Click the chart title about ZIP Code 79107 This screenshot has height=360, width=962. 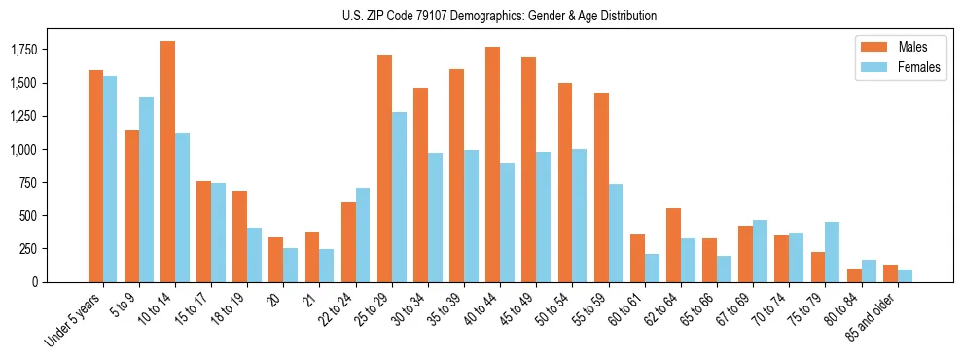tap(499, 16)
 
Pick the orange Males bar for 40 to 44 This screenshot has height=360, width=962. tap(492, 164)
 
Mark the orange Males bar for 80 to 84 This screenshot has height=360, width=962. tap(854, 275)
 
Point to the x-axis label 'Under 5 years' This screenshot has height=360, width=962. tap(74, 320)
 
